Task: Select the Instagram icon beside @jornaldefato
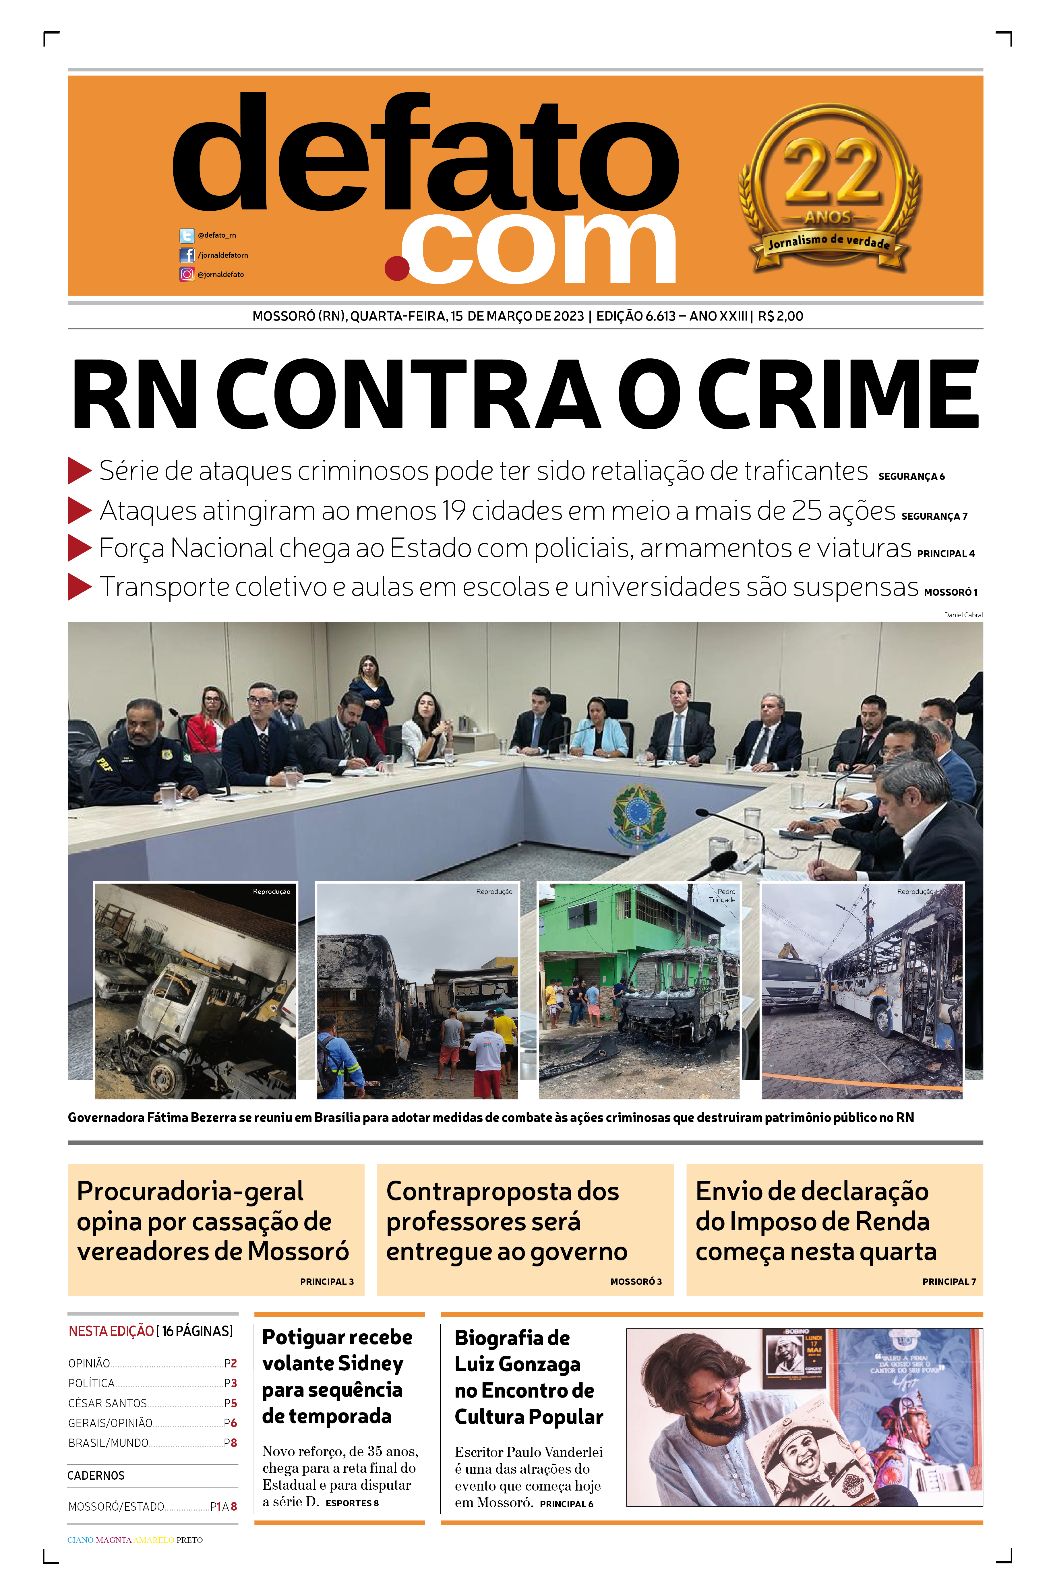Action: (186, 274)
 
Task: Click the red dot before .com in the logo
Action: (397, 268)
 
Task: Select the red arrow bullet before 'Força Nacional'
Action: (79, 548)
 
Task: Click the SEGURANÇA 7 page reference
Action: (934, 517)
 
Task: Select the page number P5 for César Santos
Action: (230, 1403)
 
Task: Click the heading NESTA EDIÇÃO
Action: (111, 1331)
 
